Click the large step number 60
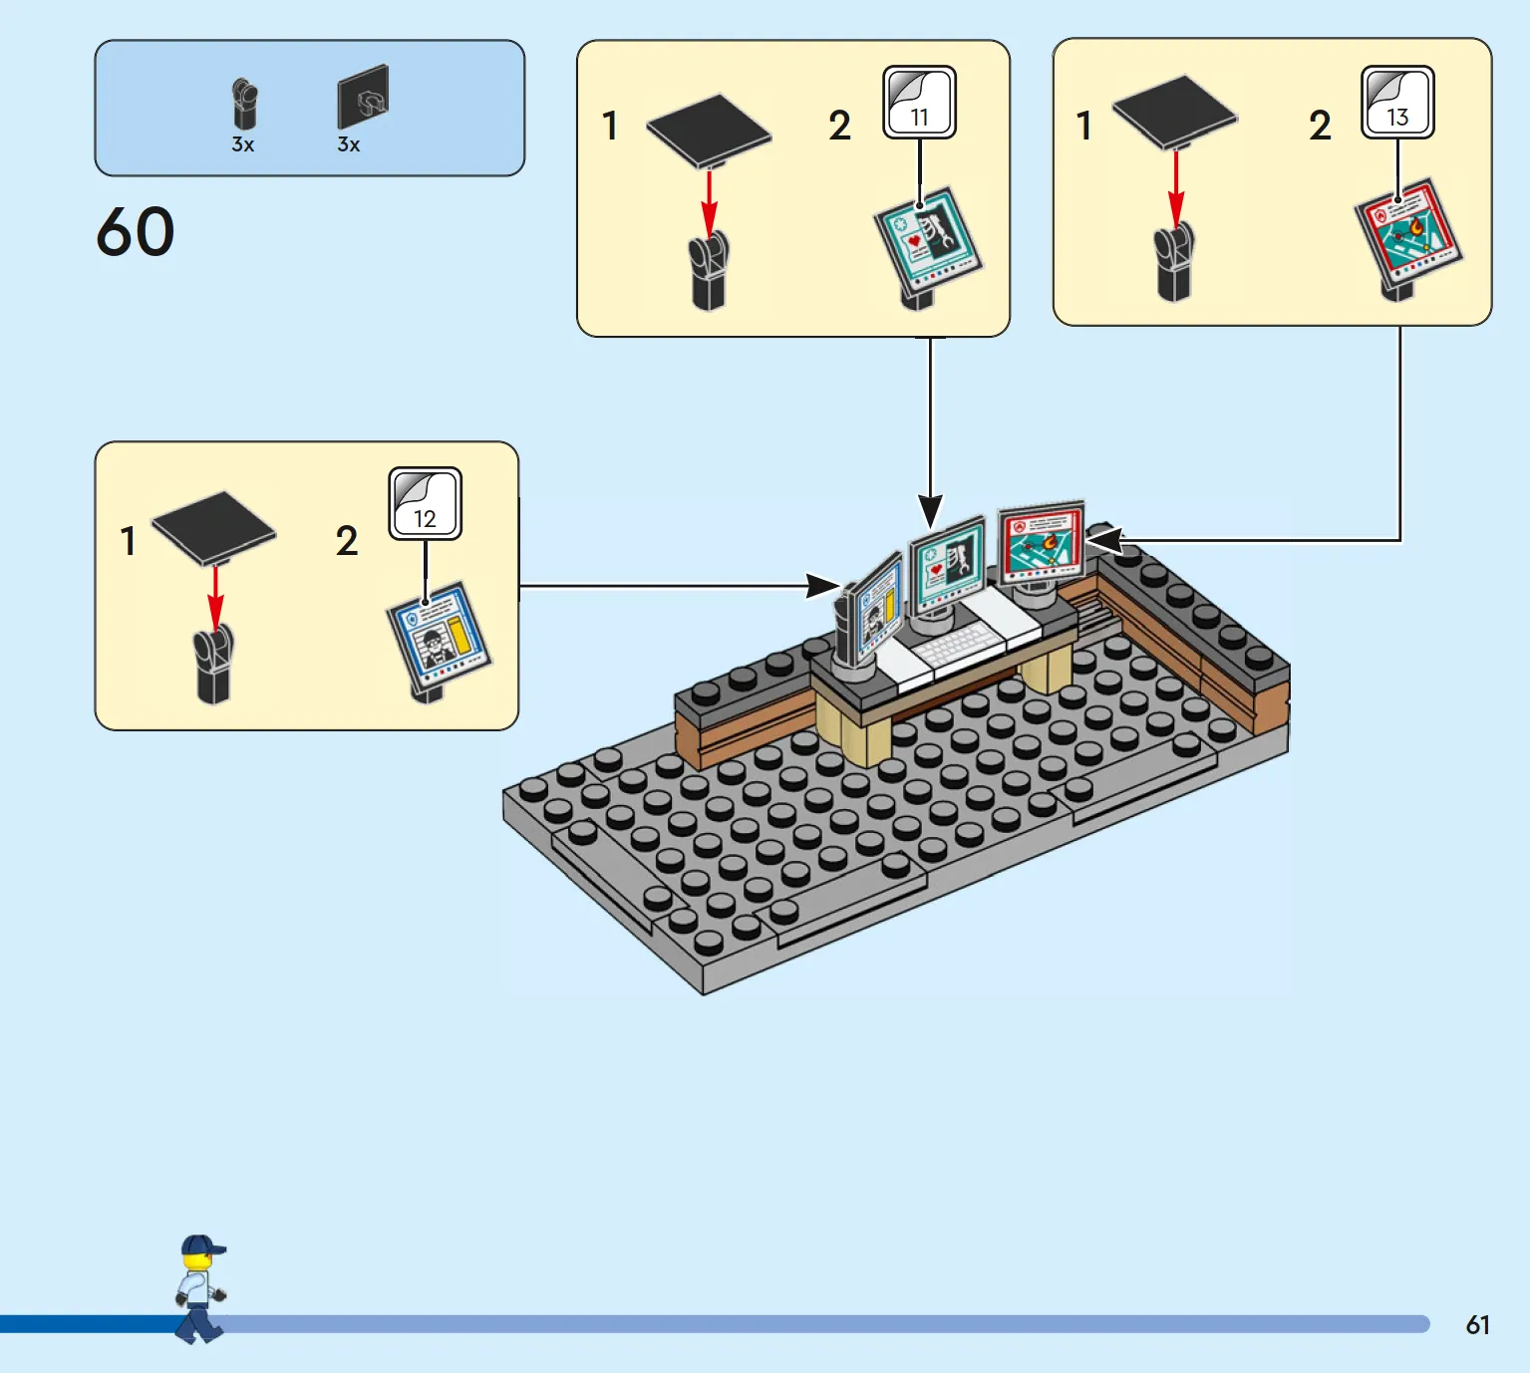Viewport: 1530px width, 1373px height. (x=136, y=232)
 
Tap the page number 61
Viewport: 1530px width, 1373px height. (x=1477, y=1325)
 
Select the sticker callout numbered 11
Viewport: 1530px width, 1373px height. (x=919, y=102)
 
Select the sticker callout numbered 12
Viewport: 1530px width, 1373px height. (x=426, y=503)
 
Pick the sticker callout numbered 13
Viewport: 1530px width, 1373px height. (x=1397, y=102)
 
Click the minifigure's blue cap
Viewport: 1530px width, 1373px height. (x=202, y=1244)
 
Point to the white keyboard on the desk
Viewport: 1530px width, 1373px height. (x=958, y=646)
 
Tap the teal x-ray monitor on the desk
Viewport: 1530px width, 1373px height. (x=948, y=566)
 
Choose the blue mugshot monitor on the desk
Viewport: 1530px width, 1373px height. (x=876, y=608)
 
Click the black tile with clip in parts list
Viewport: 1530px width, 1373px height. (x=363, y=97)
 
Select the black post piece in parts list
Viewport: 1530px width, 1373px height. (x=244, y=105)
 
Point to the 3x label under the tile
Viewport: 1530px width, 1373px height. (x=348, y=144)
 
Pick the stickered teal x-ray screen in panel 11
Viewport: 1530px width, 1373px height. (x=928, y=240)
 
